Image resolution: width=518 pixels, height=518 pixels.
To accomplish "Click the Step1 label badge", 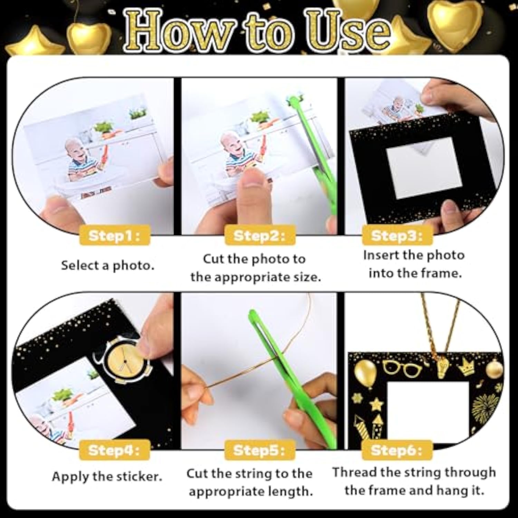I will (114, 236).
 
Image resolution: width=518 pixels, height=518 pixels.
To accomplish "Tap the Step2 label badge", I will (259, 236).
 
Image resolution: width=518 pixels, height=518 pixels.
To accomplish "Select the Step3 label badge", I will (397, 236).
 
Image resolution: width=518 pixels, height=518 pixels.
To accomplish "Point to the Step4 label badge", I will (114, 450).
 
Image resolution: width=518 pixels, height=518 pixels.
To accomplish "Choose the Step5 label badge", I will (259, 450).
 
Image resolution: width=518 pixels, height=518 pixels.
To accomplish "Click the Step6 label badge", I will (397, 450).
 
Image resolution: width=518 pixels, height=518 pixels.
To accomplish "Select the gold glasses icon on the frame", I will (402, 368).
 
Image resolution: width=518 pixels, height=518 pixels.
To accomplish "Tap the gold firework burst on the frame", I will (485, 407).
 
